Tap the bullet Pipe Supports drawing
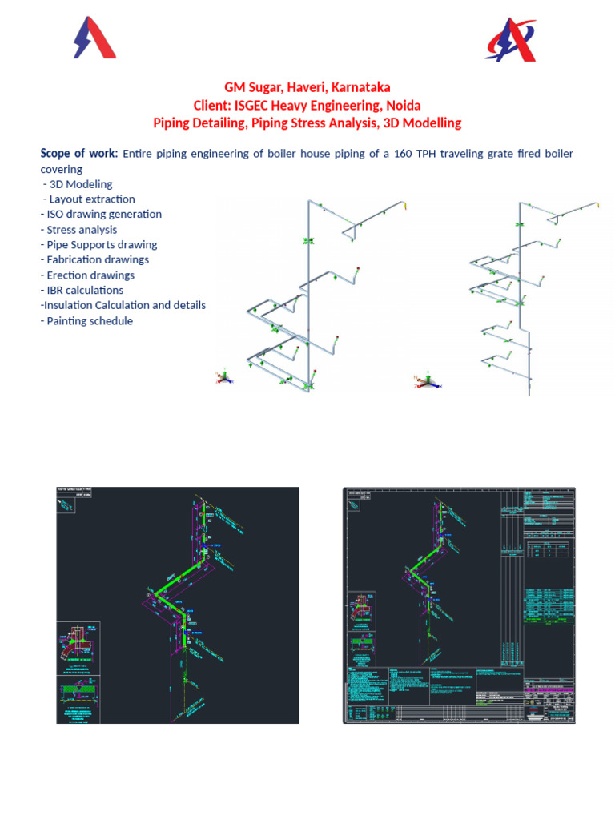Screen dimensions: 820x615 tap(102, 245)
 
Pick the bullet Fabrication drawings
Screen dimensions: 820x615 tap(98, 259)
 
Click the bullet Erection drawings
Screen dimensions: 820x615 tap(90, 275)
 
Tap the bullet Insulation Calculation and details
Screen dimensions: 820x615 tap(124, 305)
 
